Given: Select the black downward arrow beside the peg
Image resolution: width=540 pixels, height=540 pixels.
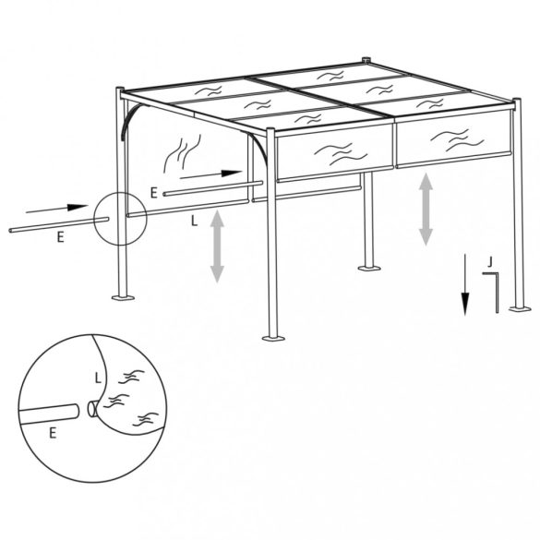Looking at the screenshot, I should coord(465,285).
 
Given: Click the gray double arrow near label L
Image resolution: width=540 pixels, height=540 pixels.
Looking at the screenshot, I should coord(218,245).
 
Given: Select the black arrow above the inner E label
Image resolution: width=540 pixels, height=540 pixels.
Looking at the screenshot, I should coord(214,173).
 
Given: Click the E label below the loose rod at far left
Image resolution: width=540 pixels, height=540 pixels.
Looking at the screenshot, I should coord(60,237).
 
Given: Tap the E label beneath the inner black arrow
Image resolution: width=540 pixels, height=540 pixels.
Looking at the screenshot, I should coord(154,192).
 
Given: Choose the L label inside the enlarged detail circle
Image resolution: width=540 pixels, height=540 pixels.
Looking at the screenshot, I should coord(99,377).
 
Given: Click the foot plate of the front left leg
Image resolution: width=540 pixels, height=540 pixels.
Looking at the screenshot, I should coord(122,297).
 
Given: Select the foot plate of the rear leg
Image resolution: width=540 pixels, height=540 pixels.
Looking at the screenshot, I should coord(368,270).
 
